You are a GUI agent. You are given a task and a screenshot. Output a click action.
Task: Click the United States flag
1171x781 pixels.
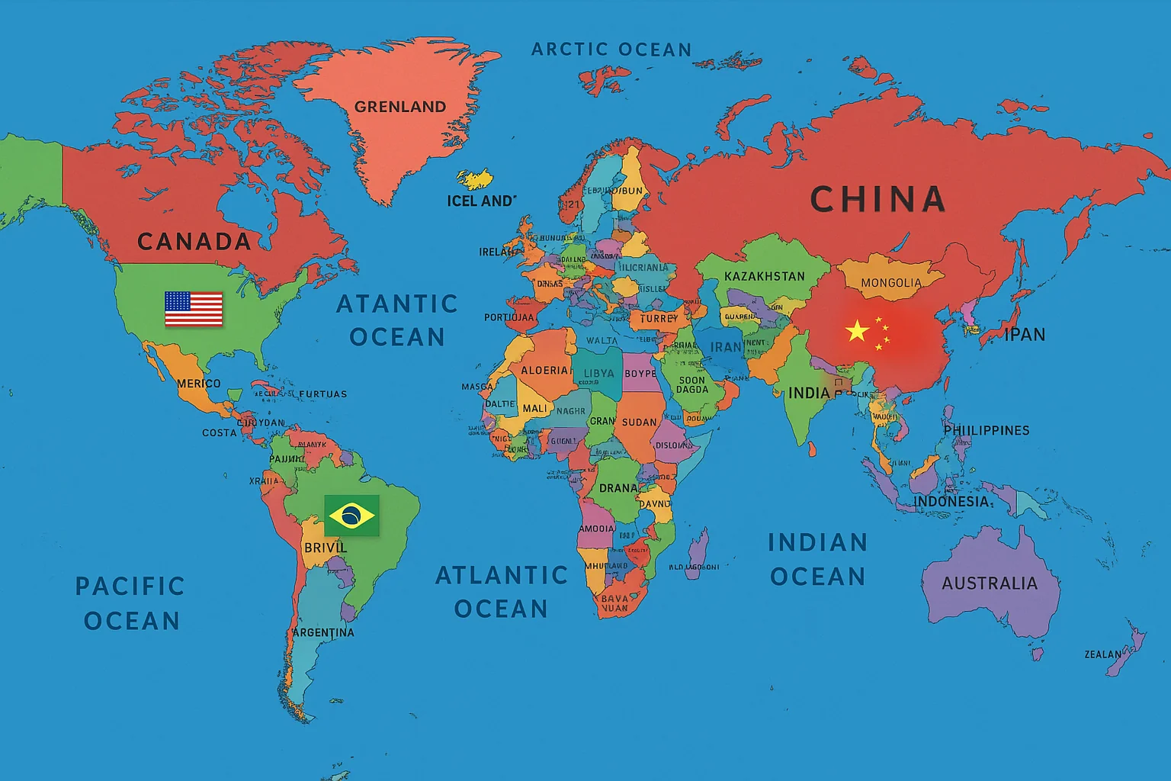[194, 309]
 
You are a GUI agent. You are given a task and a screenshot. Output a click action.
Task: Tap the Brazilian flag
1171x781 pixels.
[351, 516]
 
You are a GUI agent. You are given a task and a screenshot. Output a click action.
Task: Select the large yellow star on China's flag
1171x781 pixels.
[858, 331]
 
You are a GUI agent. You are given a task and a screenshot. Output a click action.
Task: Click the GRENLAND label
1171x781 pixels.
[400, 107]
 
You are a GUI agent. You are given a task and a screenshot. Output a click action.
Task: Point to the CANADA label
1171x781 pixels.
[194, 242]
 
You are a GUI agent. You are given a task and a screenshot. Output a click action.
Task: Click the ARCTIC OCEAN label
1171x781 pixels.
[611, 50]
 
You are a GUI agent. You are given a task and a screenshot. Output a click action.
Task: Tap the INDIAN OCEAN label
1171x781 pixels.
[817, 559]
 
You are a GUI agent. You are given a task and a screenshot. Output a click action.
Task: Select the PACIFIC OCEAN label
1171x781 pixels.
[130, 603]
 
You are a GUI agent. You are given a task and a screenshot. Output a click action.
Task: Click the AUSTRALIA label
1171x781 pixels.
[990, 583]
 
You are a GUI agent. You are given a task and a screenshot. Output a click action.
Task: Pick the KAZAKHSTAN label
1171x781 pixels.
[764, 276]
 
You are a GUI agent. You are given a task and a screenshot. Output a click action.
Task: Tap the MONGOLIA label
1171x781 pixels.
[891, 283]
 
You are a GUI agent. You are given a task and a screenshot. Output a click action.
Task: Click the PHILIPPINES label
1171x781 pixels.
[987, 431]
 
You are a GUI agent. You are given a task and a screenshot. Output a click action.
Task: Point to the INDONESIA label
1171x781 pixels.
[951, 501]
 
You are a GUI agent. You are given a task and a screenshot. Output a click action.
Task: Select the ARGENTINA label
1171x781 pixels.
[323, 632]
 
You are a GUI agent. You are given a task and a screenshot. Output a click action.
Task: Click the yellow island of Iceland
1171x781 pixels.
[474, 179]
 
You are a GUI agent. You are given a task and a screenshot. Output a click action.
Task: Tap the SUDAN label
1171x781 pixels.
[639, 422]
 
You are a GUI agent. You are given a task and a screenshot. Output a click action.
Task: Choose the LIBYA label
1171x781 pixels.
[598, 374]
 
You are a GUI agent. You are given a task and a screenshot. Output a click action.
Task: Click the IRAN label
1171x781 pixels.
[726, 347]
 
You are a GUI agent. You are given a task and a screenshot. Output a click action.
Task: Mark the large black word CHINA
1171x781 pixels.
[877, 200]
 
